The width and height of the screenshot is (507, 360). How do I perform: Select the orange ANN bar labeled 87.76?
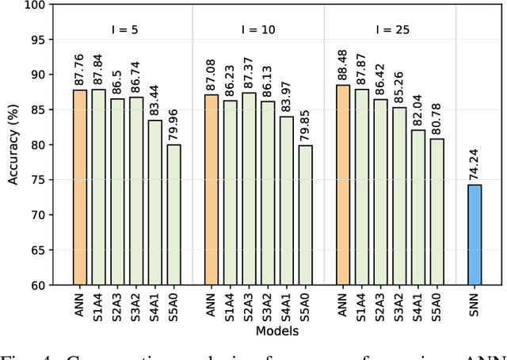pyautogui.click(x=79, y=187)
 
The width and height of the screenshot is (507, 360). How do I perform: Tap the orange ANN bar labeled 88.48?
pyautogui.click(x=343, y=185)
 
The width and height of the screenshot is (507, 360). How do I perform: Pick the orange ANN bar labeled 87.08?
pyautogui.click(x=212, y=190)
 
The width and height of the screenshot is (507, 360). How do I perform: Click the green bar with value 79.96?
pyautogui.click(x=173, y=214)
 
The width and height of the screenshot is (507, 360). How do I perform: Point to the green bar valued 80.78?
pyautogui.click(x=437, y=212)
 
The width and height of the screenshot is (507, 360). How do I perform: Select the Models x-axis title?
pyautogui.click(x=276, y=331)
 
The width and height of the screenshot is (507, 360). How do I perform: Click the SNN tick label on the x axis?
pyautogui.click(x=475, y=304)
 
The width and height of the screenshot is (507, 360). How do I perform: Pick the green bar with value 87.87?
pyautogui.click(x=362, y=186)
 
